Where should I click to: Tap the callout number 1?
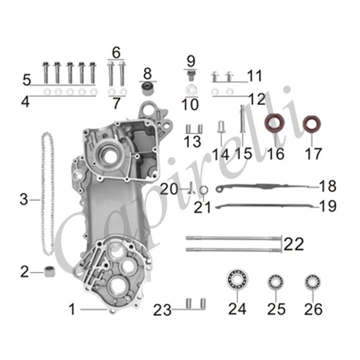[x=72, y=309]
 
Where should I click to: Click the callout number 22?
[x=294, y=244]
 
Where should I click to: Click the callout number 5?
[x=27, y=80]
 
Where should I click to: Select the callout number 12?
[x=257, y=99]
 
